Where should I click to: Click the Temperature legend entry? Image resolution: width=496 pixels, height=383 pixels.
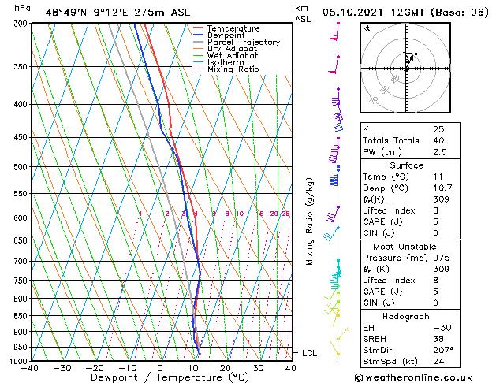tap(232, 28)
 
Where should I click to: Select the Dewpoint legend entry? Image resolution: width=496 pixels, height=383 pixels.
tap(227, 35)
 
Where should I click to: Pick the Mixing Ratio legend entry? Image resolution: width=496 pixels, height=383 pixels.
tap(233, 69)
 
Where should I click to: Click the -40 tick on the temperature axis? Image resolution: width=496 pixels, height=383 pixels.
tap(30, 368)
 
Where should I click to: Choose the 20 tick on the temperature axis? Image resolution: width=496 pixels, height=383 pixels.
tap(226, 368)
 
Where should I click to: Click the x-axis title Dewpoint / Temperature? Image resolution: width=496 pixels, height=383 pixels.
tap(160, 377)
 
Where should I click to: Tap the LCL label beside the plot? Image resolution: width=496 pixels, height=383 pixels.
tap(310, 353)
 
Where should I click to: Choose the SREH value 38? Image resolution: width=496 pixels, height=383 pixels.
tap(438, 338)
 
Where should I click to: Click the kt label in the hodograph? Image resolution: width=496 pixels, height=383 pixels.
tap(366, 28)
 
